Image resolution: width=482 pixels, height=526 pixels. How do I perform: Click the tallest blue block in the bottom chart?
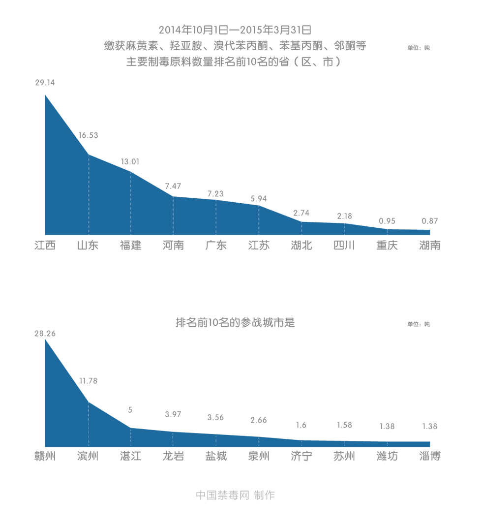point(57,394)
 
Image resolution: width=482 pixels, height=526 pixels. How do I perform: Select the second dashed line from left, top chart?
point(131,202)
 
